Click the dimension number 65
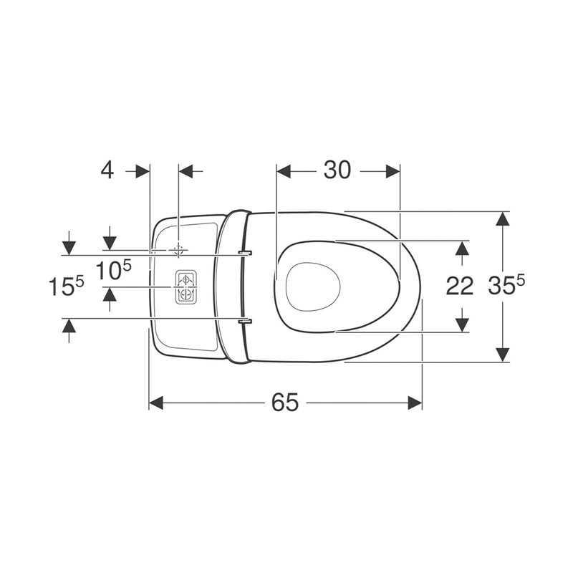pos(285,403)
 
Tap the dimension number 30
pos(337,170)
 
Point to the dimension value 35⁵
pos(506,284)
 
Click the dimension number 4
pos(107,170)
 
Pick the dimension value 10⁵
pos(113,270)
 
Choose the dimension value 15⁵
pos(66,285)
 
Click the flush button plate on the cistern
pos(186,287)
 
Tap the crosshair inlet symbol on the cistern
pos(178,250)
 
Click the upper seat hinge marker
pos(245,253)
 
